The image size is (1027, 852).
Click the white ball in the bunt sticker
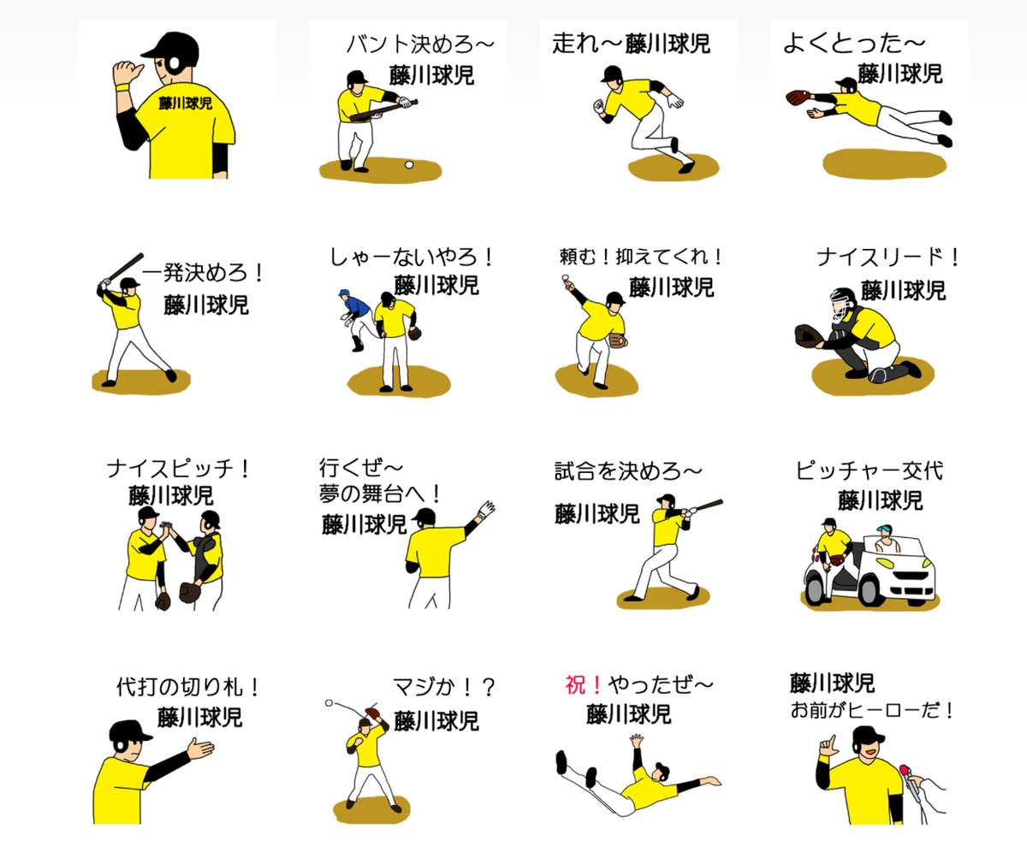(409, 163)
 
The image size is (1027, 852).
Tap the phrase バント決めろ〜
(420, 44)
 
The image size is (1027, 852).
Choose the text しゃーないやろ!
(413, 257)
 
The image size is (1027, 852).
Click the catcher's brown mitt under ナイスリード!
(808, 334)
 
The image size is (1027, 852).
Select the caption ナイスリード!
(888, 257)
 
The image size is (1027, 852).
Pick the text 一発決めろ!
(204, 275)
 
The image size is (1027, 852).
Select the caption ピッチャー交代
(869, 471)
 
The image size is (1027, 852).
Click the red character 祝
(574, 685)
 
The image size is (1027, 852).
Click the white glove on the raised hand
(486, 510)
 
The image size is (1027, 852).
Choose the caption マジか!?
(444, 687)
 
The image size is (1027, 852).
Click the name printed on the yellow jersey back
(186, 104)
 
